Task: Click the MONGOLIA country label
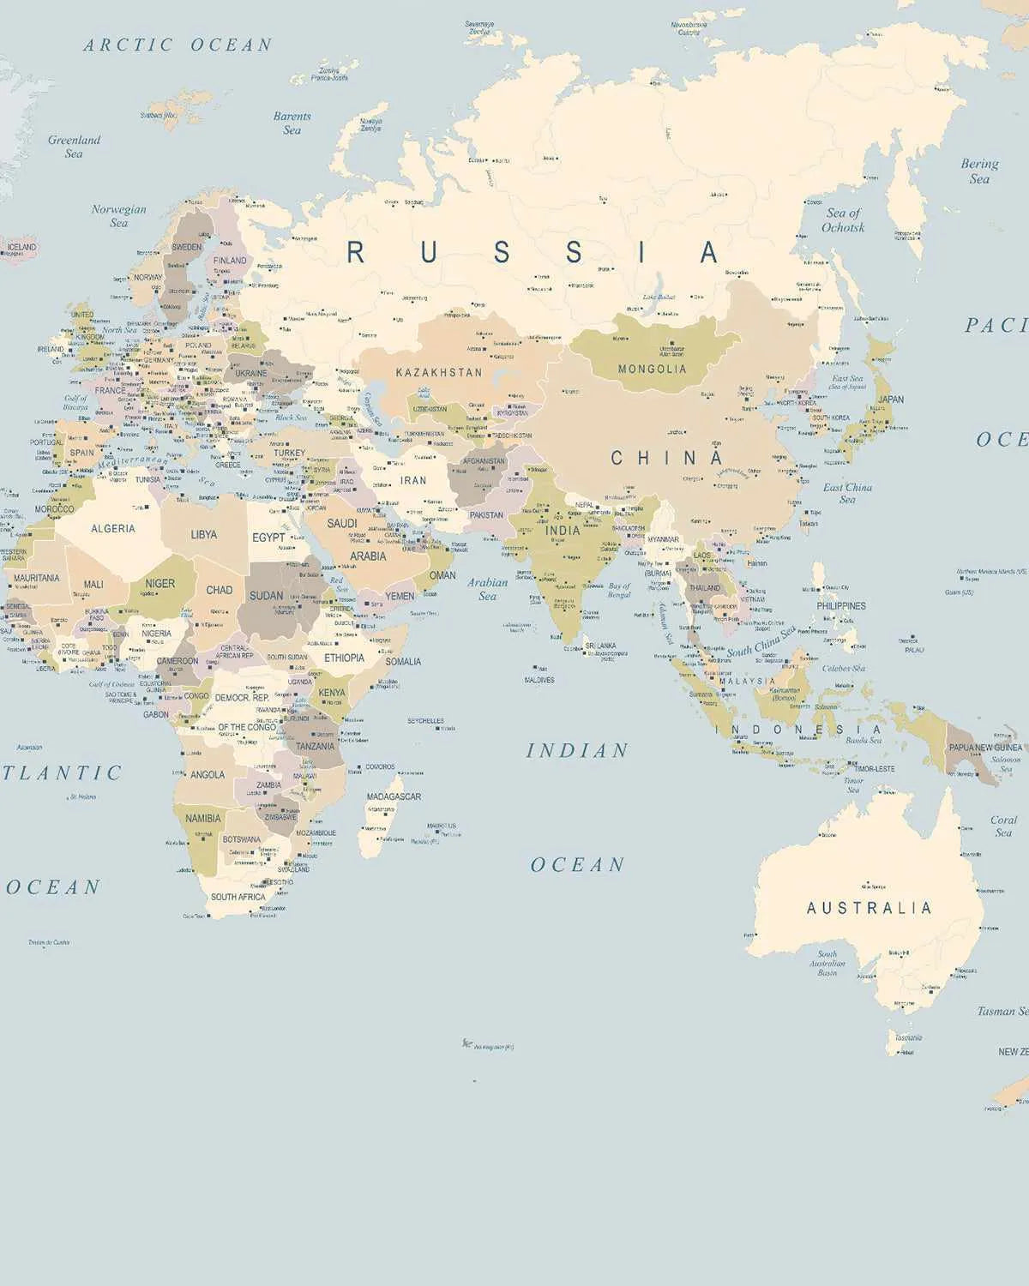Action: (x=653, y=369)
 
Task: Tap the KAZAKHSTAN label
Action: (x=439, y=373)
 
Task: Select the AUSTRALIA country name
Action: (x=869, y=908)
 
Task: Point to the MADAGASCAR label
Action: (x=394, y=796)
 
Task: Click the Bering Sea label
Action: (x=979, y=171)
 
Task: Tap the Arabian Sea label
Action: (x=487, y=589)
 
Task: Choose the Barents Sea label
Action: (x=292, y=123)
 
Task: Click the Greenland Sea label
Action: (x=74, y=147)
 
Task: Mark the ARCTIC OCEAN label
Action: (x=178, y=45)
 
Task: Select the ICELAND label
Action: (x=21, y=247)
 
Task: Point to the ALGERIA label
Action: (x=113, y=529)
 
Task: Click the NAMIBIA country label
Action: (x=203, y=819)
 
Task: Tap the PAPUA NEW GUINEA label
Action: (x=985, y=748)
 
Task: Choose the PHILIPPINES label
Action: (x=841, y=606)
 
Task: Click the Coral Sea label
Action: (x=1003, y=826)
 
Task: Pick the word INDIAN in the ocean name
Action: (x=577, y=751)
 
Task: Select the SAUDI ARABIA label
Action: (x=354, y=539)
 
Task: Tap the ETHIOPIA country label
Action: (x=344, y=658)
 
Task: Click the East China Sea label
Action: (x=847, y=493)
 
